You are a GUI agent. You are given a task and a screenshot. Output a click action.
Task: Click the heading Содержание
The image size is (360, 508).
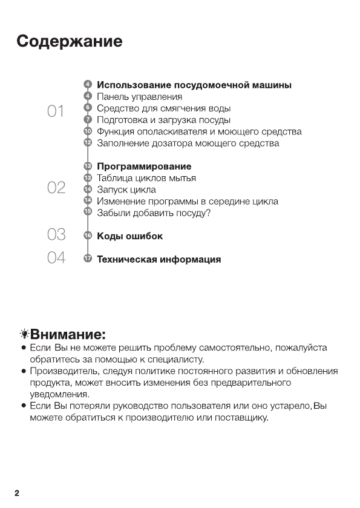pyautogui.click(x=70, y=42)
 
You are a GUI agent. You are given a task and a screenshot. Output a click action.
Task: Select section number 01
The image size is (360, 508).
pyautogui.click(x=56, y=111)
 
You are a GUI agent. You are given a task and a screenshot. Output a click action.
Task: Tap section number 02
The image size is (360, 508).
pyautogui.click(x=56, y=188)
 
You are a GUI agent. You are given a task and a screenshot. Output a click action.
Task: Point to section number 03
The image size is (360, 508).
pyautogui.click(x=56, y=234)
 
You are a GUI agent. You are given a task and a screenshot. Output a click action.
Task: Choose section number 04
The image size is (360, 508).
pyautogui.click(x=56, y=258)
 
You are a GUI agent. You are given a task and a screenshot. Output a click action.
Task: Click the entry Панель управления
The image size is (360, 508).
pyautogui.click(x=139, y=96)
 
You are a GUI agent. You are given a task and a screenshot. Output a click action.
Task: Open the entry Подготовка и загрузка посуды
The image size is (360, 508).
pyautogui.click(x=163, y=120)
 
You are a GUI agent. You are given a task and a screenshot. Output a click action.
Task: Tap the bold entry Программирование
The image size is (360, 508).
pyautogui.click(x=144, y=167)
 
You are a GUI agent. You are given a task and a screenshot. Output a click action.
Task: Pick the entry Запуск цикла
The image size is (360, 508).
pyautogui.click(x=126, y=190)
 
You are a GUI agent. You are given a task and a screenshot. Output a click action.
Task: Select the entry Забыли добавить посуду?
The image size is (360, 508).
pyautogui.click(x=154, y=213)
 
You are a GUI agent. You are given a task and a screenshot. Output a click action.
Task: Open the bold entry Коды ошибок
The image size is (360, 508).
pyautogui.click(x=129, y=236)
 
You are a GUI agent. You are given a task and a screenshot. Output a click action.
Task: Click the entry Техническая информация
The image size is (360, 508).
pyautogui.click(x=159, y=260)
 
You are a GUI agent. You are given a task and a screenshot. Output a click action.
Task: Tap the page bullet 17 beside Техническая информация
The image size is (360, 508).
pyautogui.click(x=88, y=259)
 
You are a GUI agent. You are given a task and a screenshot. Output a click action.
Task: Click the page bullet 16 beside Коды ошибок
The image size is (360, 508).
pyautogui.click(x=88, y=236)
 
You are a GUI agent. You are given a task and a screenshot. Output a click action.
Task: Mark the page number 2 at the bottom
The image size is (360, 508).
pyautogui.click(x=17, y=493)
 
